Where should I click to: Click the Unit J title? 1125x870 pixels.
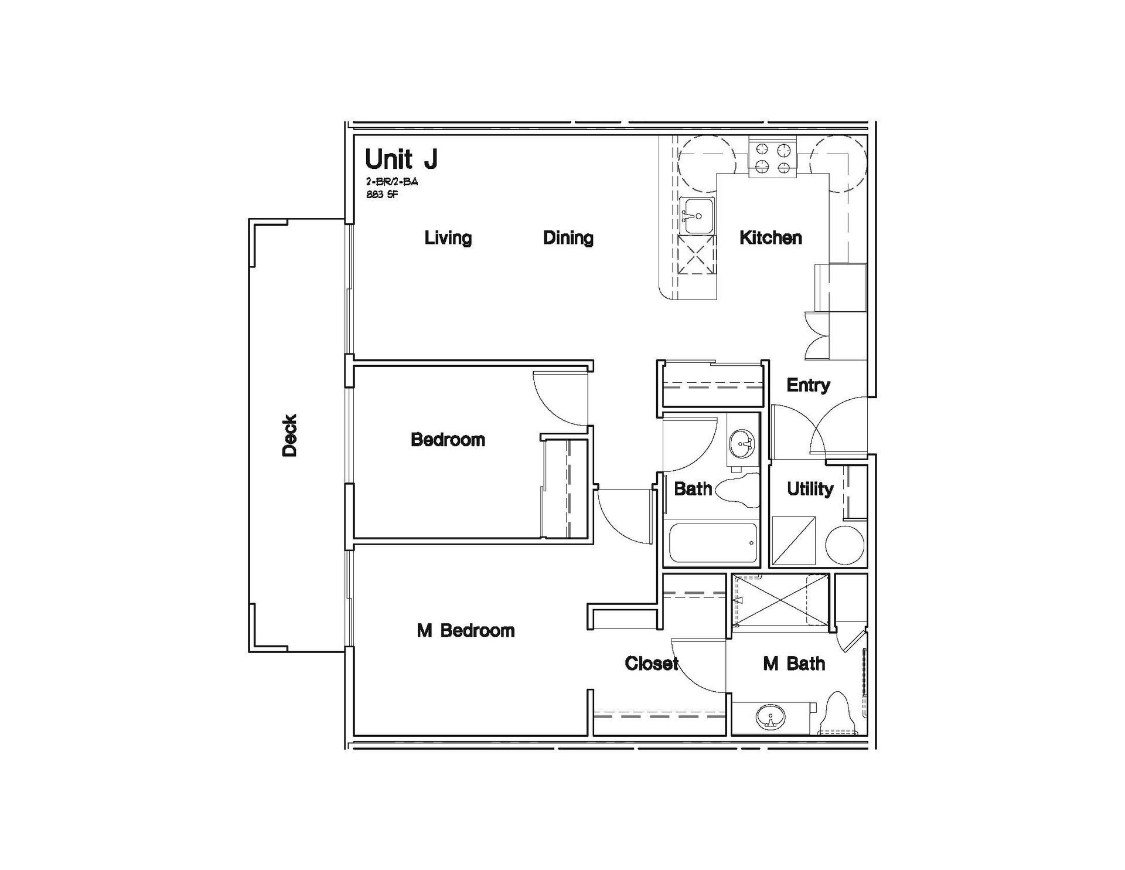click(401, 159)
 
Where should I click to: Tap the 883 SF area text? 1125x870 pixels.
click(382, 195)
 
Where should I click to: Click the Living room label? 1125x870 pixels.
click(448, 238)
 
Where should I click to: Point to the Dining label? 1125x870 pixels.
click(568, 238)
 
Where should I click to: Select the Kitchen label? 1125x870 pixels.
click(771, 237)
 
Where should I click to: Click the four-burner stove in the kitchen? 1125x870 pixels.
click(773, 158)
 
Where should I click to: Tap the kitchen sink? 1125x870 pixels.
click(697, 216)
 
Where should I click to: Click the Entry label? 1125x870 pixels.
click(808, 386)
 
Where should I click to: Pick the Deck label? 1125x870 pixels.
click(290, 435)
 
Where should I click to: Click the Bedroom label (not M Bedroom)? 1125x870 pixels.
click(448, 440)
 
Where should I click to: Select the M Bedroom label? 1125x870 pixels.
click(466, 631)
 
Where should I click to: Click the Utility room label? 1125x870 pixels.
click(810, 489)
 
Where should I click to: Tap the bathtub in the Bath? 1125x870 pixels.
click(712, 543)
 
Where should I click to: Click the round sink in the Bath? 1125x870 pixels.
click(743, 444)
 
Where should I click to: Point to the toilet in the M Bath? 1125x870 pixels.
click(837, 713)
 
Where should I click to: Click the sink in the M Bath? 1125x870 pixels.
click(769, 718)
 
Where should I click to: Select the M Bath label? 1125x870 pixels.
click(794, 664)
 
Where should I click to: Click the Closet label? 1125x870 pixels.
click(652, 664)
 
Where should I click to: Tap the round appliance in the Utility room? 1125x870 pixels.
click(845, 545)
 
